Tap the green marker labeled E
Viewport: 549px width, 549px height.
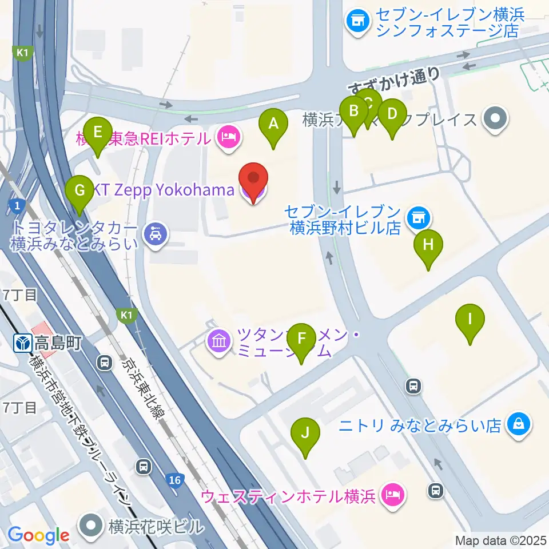click(x=98, y=133)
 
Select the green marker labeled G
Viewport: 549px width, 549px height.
click(x=79, y=190)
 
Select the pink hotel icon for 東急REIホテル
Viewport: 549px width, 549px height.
click(x=229, y=136)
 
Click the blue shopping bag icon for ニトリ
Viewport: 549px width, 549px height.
click(x=518, y=424)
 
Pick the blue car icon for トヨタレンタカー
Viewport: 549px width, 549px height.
click(x=155, y=233)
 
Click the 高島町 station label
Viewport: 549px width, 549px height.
click(x=57, y=343)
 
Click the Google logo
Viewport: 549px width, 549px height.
click(x=38, y=535)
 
